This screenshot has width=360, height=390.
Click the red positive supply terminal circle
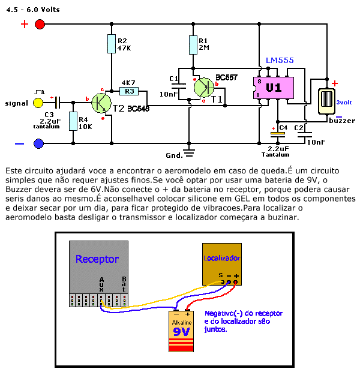click(x=40, y=25)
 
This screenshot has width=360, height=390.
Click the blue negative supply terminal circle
click(x=39, y=143)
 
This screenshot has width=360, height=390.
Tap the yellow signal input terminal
click(x=38, y=103)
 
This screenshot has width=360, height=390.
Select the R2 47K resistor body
click(x=112, y=44)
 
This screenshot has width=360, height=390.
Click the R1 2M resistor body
click(x=193, y=45)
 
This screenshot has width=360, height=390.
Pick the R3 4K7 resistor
click(x=129, y=91)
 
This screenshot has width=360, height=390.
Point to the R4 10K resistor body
click(x=73, y=121)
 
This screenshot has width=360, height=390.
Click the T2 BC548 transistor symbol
click(x=101, y=103)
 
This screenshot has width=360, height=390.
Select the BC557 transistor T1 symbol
click(x=204, y=88)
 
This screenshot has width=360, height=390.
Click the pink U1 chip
click(x=274, y=88)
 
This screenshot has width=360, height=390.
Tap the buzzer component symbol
click(x=326, y=101)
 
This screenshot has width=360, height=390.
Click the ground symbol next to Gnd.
click(x=189, y=153)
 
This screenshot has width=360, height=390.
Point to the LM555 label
click(x=280, y=61)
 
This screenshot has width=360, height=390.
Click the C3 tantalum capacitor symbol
click(x=58, y=103)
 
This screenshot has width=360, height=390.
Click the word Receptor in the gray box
click(x=97, y=259)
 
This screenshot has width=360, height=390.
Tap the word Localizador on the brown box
click(x=222, y=258)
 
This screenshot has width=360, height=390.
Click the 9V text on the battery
click(x=181, y=332)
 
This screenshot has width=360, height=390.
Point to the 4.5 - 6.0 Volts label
click(x=33, y=10)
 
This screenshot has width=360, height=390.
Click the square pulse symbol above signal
click(x=40, y=92)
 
